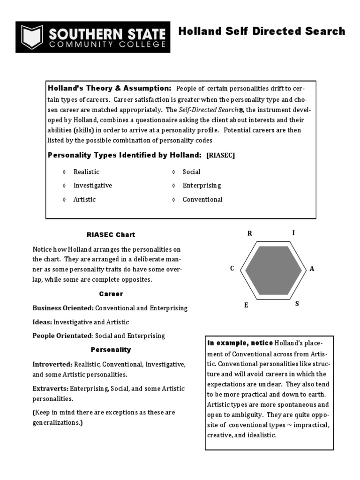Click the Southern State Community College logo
pyautogui.click(x=93, y=37)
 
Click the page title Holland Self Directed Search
pyautogui.click(x=262, y=31)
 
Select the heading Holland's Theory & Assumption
pyautogui.click(x=110, y=88)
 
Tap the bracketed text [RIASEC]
pyautogui.click(x=220, y=155)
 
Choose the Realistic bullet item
pyautogui.click(x=86, y=172)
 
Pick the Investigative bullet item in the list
pyautogui.click(x=92, y=185)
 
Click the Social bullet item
pyautogui.click(x=191, y=172)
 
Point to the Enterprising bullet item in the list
pyautogui.click(x=202, y=185)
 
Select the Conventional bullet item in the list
pyautogui.click(x=202, y=199)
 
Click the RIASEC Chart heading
pyautogui.click(x=111, y=234)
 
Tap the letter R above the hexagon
pyautogui.click(x=250, y=233)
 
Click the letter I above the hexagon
pyautogui.click(x=293, y=232)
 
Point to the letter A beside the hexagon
pyautogui.click(x=312, y=269)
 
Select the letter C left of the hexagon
pyautogui.click(x=232, y=269)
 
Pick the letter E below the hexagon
pyautogui.click(x=246, y=305)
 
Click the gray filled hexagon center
pyautogui.click(x=274, y=270)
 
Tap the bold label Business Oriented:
pyautogui.click(x=63, y=308)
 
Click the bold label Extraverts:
pyautogui.click(x=50, y=389)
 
